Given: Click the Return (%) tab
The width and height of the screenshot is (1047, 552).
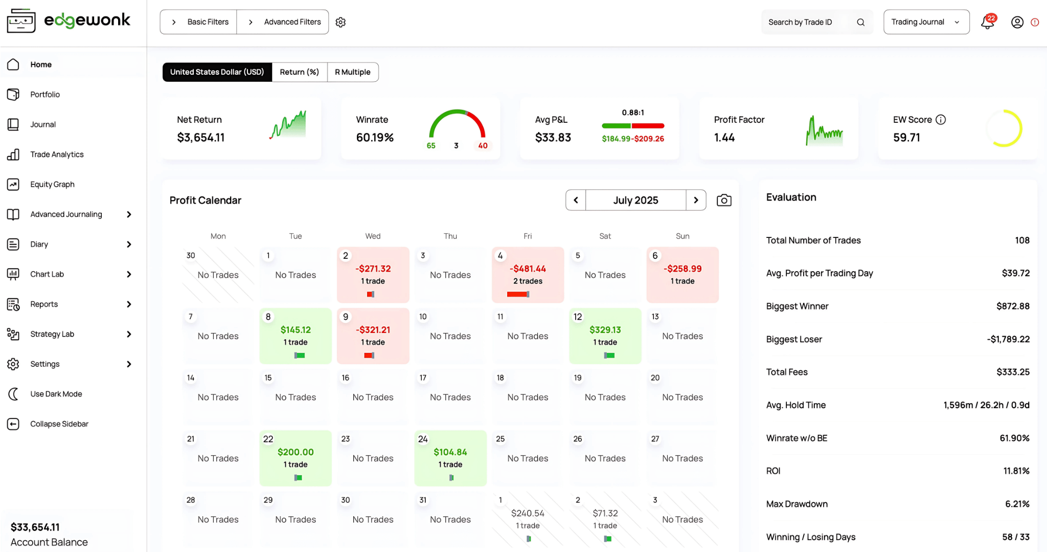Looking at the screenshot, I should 299,72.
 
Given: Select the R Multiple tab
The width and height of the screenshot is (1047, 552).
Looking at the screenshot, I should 352,72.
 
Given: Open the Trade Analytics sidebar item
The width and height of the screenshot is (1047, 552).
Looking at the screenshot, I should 56,154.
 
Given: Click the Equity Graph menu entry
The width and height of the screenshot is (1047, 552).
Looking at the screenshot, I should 52,184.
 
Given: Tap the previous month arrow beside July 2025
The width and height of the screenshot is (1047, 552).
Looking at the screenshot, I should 576,200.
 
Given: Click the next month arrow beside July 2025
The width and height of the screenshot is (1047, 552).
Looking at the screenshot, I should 696,200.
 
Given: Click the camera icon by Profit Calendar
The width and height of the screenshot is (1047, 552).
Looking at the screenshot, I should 724,200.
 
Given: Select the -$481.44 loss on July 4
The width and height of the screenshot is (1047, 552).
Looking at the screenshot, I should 528,269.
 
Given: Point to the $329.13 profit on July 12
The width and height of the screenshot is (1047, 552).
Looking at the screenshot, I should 605,330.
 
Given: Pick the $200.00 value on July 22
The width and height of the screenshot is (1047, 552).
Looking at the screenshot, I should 295,452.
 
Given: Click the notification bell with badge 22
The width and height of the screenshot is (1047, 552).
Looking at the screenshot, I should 987,22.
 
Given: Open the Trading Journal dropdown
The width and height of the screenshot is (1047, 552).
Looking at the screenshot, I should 926,22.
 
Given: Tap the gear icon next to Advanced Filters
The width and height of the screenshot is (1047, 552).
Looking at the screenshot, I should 340,22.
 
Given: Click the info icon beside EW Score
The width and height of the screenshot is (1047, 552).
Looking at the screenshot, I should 941,120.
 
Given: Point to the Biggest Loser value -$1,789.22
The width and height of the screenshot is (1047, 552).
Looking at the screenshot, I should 1008,339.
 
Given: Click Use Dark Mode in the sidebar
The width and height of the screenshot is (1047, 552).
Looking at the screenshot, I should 56,394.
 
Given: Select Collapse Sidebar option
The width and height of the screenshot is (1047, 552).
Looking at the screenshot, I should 59,424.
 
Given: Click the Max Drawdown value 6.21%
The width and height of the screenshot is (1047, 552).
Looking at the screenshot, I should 1017,504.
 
